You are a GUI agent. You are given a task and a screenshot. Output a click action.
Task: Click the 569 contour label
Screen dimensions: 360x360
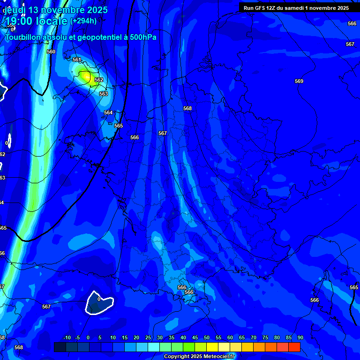[x=299, y=81]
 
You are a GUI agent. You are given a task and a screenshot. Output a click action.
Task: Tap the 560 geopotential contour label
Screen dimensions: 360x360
[x=51, y=52]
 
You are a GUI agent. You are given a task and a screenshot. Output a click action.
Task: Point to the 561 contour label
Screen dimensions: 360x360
[x=77, y=60]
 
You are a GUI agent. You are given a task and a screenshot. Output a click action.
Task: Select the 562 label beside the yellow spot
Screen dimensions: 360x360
[x=99, y=80]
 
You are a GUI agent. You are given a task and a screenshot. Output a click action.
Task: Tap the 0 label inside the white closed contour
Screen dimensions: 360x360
[x=98, y=299]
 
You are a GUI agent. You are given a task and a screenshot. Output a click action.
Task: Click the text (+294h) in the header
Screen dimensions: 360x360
[x=83, y=21]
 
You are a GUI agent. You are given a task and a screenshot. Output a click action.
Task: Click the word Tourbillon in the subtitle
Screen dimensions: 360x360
[x=23, y=37]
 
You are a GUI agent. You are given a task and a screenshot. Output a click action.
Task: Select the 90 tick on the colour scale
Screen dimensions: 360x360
[x=300, y=337]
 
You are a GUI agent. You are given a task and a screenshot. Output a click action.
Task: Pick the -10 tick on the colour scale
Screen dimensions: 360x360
[x=67, y=337]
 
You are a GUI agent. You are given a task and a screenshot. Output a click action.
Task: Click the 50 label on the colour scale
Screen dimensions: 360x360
[x=207, y=337]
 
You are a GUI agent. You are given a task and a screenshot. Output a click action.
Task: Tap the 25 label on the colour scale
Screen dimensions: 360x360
[x=148, y=337]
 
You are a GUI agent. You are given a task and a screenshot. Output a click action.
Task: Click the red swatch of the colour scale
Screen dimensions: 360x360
[x=294, y=347]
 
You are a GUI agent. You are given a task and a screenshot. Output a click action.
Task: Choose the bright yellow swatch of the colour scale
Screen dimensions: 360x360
[x=212, y=347]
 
